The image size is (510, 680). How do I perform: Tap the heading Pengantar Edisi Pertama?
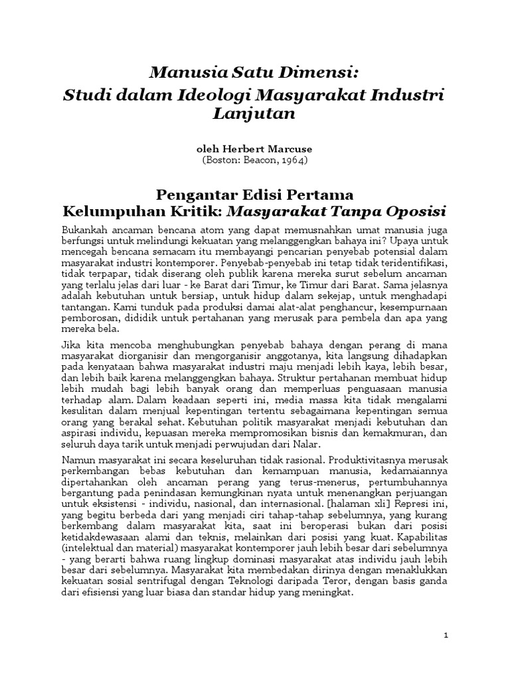tap(255, 195)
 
